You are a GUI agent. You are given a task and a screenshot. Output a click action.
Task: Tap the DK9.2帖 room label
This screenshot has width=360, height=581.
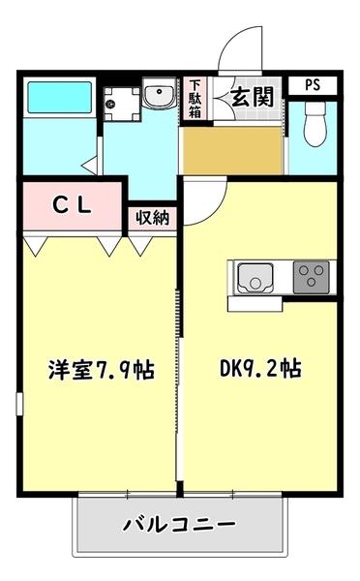tap(259, 369)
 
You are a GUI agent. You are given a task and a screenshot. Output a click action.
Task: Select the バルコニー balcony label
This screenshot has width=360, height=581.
tap(179, 525)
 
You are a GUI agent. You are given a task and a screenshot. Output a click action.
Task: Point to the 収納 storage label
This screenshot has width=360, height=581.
tap(152, 217)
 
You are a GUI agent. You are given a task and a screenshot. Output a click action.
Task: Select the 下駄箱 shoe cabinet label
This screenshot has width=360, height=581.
tap(195, 98)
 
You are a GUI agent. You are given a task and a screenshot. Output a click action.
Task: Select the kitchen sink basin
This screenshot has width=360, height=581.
tap(254, 279)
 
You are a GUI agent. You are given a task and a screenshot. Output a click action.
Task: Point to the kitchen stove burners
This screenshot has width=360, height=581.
tap(310, 278)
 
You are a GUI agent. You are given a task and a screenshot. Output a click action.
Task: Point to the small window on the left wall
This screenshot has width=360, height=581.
tap(18, 402)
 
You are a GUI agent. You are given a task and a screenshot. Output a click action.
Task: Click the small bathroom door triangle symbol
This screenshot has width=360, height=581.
tap(89, 164)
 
